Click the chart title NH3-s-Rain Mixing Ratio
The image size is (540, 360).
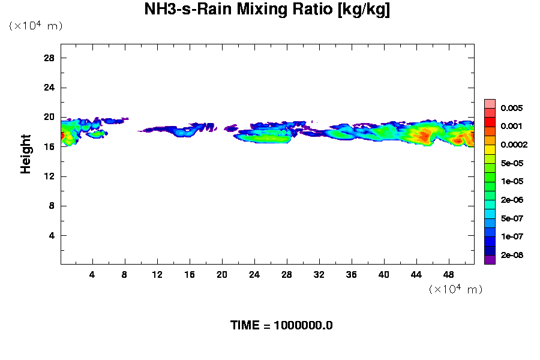(x=267, y=10)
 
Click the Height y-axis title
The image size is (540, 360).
(x=26, y=154)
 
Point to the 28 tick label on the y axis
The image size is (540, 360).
(x=49, y=58)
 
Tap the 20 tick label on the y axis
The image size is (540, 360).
(x=49, y=117)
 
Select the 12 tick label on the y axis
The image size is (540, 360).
(x=49, y=176)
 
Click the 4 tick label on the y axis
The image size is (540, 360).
(x=52, y=235)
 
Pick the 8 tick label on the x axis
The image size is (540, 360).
(x=125, y=274)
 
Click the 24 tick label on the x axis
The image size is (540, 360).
(x=254, y=274)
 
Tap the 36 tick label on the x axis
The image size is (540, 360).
(x=352, y=274)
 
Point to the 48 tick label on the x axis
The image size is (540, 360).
(x=449, y=274)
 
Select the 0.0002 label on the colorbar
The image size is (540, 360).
(x=514, y=145)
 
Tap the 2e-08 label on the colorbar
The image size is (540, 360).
(x=512, y=255)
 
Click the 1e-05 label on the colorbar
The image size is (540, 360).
(x=512, y=181)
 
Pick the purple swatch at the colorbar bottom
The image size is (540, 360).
(x=490, y=260)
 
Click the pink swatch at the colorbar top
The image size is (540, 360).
(x=490, y=103)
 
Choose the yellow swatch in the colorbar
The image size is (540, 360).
(x=490, y=149)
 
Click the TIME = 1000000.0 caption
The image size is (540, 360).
(x=281, y=326)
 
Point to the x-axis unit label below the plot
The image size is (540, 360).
(x=455, y=289)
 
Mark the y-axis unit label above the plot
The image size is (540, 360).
(x=35, y=26)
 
